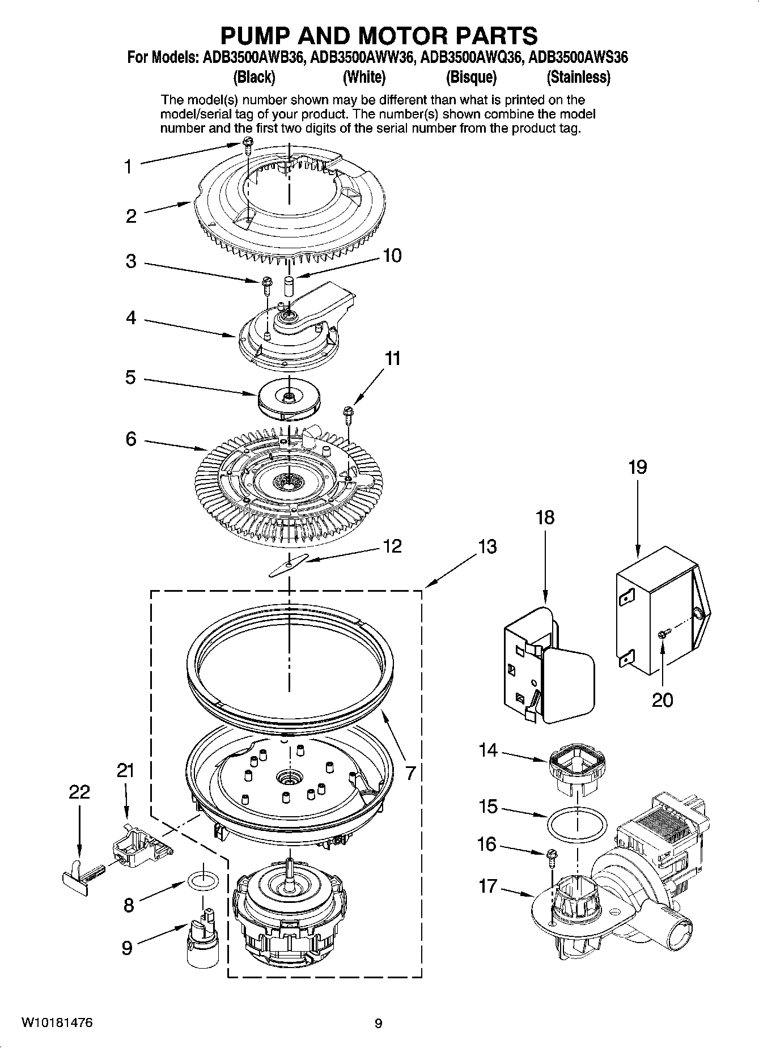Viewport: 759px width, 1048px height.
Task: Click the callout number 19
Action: point(637,468)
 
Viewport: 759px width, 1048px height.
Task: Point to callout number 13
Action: point(487,547)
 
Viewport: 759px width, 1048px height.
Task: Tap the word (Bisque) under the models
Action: point(471,77)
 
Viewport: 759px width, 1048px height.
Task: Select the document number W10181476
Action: point(57,1023)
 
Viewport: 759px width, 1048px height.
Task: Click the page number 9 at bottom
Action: point(378,1024)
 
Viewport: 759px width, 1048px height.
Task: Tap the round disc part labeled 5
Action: point(289,399)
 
